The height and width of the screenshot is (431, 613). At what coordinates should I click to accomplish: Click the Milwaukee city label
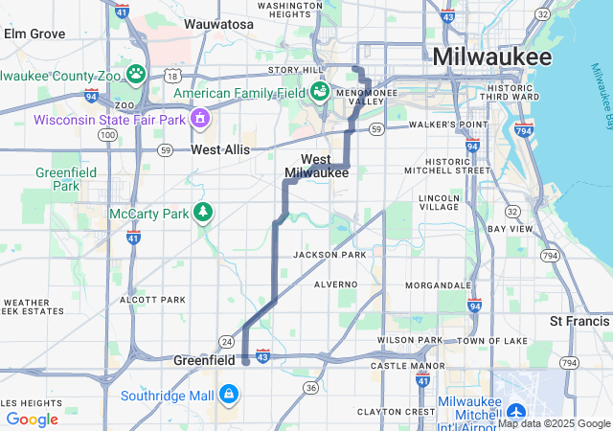[491, 57]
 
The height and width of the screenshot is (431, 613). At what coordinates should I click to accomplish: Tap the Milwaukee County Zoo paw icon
[137, 73]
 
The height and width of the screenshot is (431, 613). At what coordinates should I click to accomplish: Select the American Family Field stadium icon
[318, 92]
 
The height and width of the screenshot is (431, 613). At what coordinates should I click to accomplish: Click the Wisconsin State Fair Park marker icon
[200, 119]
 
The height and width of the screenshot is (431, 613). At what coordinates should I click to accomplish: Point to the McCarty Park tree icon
[202, 212]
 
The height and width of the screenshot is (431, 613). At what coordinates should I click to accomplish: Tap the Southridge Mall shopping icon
[229, 394]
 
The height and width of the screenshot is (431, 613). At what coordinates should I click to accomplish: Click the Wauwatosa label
[218, 23]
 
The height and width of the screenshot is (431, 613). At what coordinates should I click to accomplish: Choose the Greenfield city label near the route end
[204, 360]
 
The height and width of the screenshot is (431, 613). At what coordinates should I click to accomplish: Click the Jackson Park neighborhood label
[329, 255]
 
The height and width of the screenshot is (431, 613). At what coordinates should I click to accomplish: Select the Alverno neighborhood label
[335, 284]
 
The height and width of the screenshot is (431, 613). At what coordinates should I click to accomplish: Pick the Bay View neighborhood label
[509, 229]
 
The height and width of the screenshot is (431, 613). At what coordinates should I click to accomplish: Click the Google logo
[32, 419]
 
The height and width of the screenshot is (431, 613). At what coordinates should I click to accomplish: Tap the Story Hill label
[297, 70]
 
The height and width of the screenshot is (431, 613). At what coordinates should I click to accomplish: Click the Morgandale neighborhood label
[438, 285]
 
